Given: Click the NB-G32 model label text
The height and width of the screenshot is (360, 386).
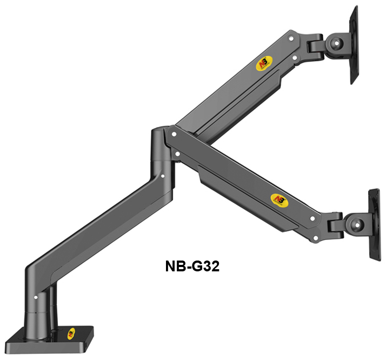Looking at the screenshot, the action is pos(192,266).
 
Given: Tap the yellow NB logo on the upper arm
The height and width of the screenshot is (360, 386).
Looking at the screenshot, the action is pos(264,63).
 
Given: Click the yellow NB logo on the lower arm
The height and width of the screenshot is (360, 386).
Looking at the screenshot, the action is pos(279,201).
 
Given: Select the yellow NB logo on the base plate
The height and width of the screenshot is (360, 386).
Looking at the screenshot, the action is pos(71,334).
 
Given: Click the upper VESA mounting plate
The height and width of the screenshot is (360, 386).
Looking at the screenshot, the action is pos(354,45).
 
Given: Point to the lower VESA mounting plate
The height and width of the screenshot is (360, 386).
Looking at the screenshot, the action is pos(374,224).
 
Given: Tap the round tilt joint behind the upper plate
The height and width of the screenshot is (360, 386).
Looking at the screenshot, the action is pos(337,43).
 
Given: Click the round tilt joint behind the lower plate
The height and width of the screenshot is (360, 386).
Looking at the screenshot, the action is pos(357,224).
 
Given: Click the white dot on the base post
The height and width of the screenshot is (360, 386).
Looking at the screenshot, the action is pos(36,297).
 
